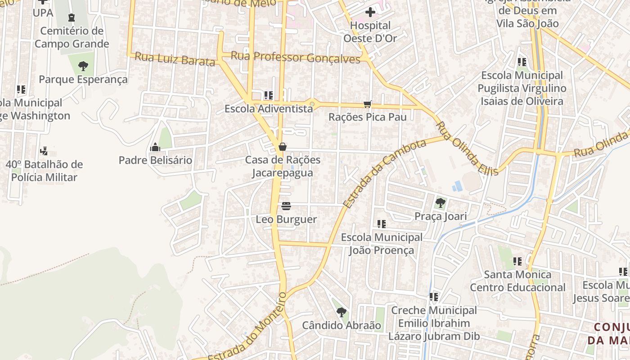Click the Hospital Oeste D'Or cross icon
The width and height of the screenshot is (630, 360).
370,12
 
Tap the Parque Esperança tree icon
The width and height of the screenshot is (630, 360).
83,67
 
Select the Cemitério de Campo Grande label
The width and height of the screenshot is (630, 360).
72,37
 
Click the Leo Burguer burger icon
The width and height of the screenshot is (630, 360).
286,206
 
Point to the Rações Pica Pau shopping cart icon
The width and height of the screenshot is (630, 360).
368,104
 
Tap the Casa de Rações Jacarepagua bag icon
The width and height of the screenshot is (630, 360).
283,147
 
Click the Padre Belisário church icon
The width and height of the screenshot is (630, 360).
155,147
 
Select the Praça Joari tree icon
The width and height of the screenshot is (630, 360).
441,203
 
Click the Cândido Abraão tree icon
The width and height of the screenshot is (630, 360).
342,312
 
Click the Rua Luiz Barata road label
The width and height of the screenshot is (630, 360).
175,59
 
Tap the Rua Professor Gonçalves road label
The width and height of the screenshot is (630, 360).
296,57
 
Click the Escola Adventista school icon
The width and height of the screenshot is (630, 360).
269,95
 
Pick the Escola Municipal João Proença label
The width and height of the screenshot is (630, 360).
382,243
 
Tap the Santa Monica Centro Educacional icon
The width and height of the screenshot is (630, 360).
517,261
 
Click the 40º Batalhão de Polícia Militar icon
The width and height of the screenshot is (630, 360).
44,151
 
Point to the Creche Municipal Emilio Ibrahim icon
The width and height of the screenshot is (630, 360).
434,297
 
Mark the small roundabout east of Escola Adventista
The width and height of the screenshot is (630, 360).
312,104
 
